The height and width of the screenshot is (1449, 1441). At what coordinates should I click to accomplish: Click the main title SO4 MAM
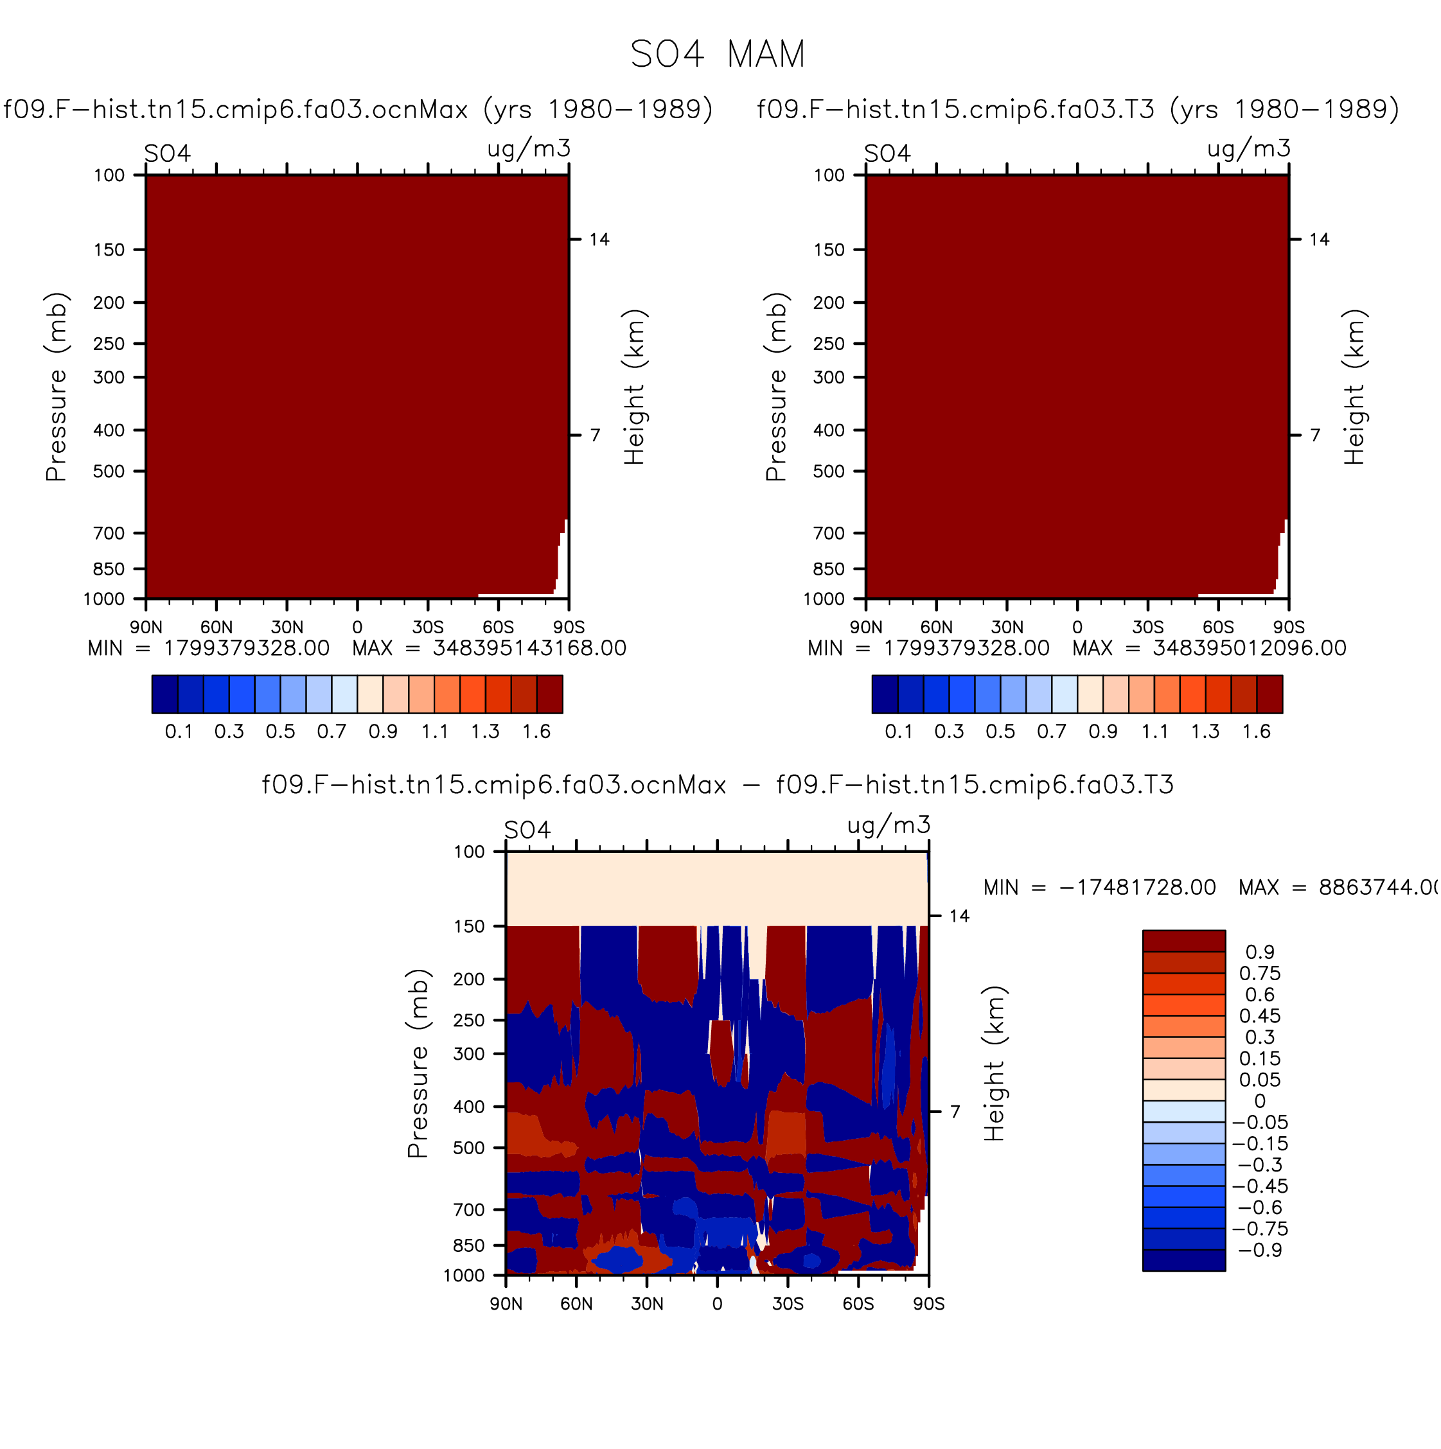pos(718,54)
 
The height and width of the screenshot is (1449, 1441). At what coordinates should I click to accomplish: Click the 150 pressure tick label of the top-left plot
pos(109,250)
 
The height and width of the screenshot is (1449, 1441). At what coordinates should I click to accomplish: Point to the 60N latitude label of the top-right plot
pos(936,627)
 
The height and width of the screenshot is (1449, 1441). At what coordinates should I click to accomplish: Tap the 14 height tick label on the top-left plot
pos(599,239)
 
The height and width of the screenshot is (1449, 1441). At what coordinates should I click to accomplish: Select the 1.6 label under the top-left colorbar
pos(536,732)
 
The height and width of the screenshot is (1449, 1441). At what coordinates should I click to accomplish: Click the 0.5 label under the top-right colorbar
pos(1000,732)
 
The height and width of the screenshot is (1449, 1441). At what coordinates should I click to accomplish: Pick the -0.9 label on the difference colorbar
pos(1259,1251)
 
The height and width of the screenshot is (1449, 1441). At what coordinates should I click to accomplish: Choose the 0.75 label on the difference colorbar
pos(1259,974)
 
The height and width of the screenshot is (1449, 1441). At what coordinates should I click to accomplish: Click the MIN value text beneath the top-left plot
pos(209,648)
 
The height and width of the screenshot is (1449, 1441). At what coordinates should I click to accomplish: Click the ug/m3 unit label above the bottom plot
pos(889,825)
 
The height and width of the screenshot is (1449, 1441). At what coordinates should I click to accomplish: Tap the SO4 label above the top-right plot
pos(887,154)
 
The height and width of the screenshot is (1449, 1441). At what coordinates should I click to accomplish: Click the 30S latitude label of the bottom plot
pos(788,1303)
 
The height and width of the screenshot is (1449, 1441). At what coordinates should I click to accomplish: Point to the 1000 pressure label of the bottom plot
pos(464,1276)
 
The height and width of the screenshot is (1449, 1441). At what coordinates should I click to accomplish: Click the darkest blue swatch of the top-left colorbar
pos(165,694)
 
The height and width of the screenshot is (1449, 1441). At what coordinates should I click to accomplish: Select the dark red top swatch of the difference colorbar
pos(1184,940)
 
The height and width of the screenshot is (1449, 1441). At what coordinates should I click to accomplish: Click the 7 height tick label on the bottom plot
pos(955,1112)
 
